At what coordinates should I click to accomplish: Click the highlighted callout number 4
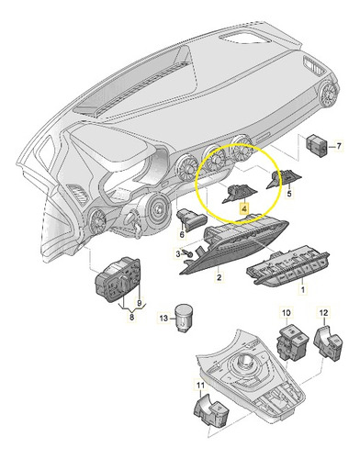click(x=243, y=209)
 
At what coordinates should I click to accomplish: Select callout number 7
click(x=339, y=147)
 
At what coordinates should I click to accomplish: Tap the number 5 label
click(x=289, y=193)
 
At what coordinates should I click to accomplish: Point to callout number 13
click(x=163, y=319)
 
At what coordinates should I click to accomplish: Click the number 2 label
click(x=219, y=277)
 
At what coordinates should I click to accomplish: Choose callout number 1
click(x=303, y=289)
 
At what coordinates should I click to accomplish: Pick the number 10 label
click(x=287, y=313)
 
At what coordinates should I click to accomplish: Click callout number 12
click(x=323, y=313)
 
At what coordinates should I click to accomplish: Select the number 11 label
click(x=200, y=386)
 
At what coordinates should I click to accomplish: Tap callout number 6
click(x=182, y=235)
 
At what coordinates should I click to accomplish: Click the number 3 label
click(x=178, y=253)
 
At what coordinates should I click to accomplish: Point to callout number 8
click(x=131, y=318)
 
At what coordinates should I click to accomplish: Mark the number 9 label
click(x=140, y=303)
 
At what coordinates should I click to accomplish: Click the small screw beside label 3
click(x=188, y=253)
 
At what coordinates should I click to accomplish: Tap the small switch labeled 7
click(x=317, y=146)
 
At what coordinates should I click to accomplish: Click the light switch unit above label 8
click(x=118, y=278)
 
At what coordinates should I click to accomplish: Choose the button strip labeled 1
click(x=287, y=265)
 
